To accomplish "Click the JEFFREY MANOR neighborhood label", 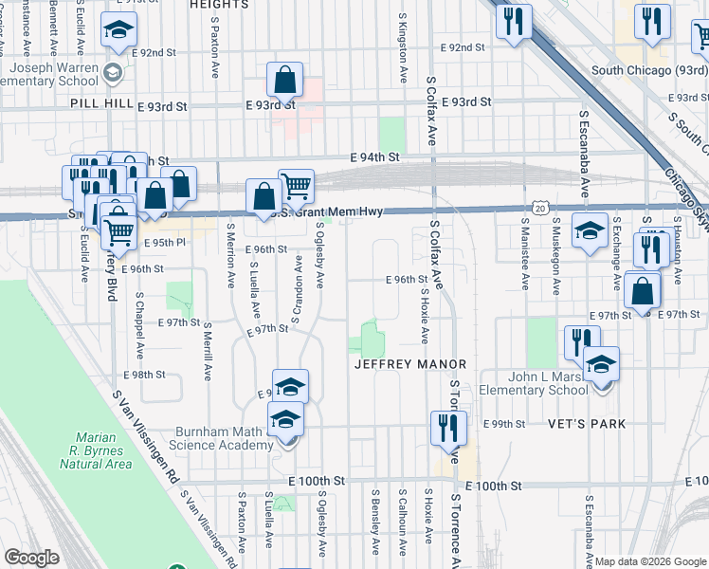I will click(409, 364).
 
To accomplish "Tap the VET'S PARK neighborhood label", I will click(587, 424).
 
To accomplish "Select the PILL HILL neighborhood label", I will click(98, 109).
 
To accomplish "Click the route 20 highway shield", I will click(539, 206).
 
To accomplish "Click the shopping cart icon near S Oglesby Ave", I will click(297, 185).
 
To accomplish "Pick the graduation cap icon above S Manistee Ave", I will click(590, 230).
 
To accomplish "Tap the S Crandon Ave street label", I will click(297, 289).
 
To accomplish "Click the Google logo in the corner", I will click(32, 559).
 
